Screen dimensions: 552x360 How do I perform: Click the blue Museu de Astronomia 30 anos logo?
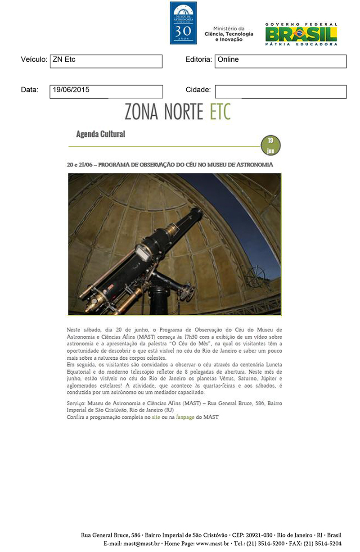tap(183, 23)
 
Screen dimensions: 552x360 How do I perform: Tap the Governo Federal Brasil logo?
tap(301, 34)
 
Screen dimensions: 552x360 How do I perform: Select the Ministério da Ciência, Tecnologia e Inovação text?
tap(229, 34)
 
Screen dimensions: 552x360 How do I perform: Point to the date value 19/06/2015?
tap(71, 90)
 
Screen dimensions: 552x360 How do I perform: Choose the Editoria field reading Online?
tap(280, 61)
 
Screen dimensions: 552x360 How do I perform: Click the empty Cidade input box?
tap(280, 91)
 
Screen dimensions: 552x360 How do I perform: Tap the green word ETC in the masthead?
tap(220, 111)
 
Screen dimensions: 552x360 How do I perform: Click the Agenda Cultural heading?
tap(101, 134)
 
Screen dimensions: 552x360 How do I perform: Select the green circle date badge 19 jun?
tap(270, 145)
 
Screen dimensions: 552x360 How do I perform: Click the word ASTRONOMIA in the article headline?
tap(255, 165)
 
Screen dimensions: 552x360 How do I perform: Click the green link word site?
tap(156, 417)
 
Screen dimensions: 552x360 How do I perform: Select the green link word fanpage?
tap(185, 417)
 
